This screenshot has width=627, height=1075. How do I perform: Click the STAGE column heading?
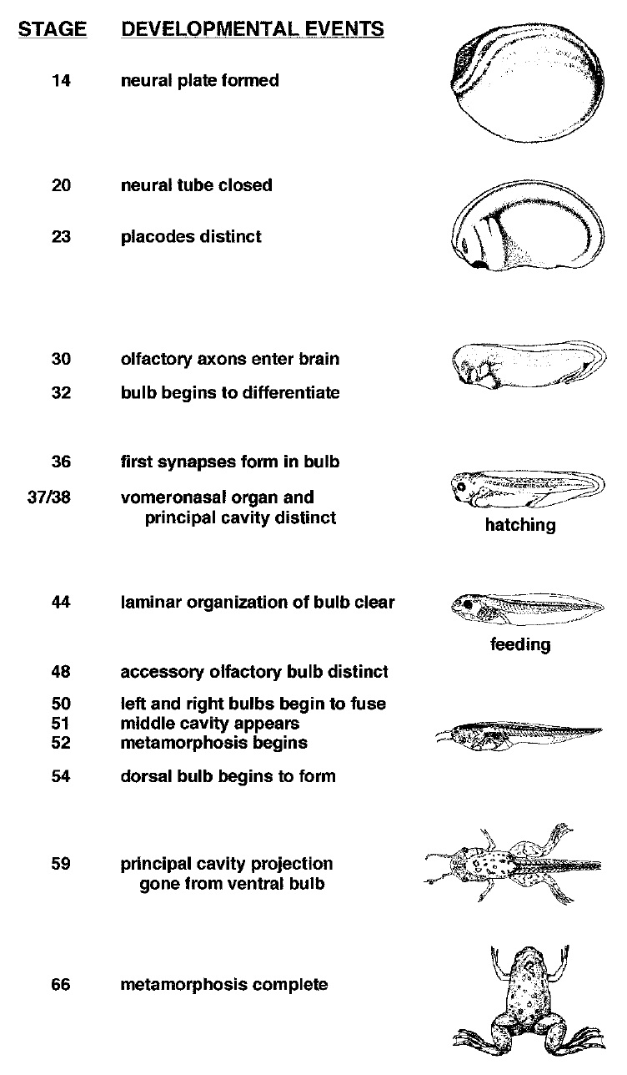coord(53,28)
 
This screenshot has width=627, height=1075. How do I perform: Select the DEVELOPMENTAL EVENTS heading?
coord(253,28)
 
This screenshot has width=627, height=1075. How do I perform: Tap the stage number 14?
coord(61,80)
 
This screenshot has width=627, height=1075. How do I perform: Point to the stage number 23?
coord(61,236)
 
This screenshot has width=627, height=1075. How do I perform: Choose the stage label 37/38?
coord(49,497)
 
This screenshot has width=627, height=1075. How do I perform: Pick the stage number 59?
coord(61,863)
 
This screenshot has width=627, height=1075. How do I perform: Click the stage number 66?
coord(61,984)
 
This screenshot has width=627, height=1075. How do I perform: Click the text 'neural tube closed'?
coord(197,184)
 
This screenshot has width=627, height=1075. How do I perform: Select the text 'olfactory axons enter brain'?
coord(230,359)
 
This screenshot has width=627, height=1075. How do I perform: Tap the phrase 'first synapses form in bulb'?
coord(230,462)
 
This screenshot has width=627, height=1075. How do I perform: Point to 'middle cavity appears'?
coord(210,724)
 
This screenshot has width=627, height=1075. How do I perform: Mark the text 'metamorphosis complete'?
coord(224,985)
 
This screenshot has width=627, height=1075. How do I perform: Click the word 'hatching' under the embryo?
coord(520,525)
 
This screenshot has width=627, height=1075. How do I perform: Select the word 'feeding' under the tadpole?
coord(520,644)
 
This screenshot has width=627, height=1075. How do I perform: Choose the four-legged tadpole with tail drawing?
coord(513,864)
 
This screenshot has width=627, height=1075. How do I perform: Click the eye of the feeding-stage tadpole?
coord(467,604)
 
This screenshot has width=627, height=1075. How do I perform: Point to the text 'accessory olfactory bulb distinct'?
coord(254,672)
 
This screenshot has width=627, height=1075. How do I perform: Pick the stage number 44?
coord(61,603)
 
